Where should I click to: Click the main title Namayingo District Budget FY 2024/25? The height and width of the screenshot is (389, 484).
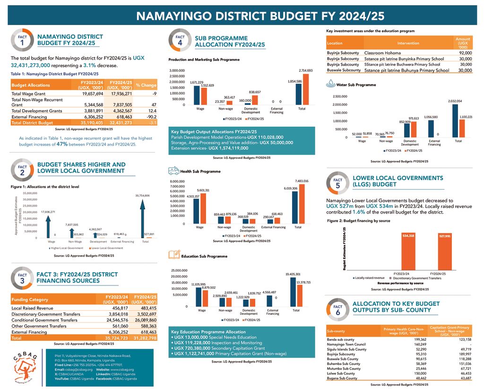[260, 16]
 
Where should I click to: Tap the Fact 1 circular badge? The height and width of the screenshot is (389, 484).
[22, 41]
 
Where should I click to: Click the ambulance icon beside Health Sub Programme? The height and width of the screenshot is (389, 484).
[173, 171]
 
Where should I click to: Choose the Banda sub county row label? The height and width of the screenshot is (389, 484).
[340, 339]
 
